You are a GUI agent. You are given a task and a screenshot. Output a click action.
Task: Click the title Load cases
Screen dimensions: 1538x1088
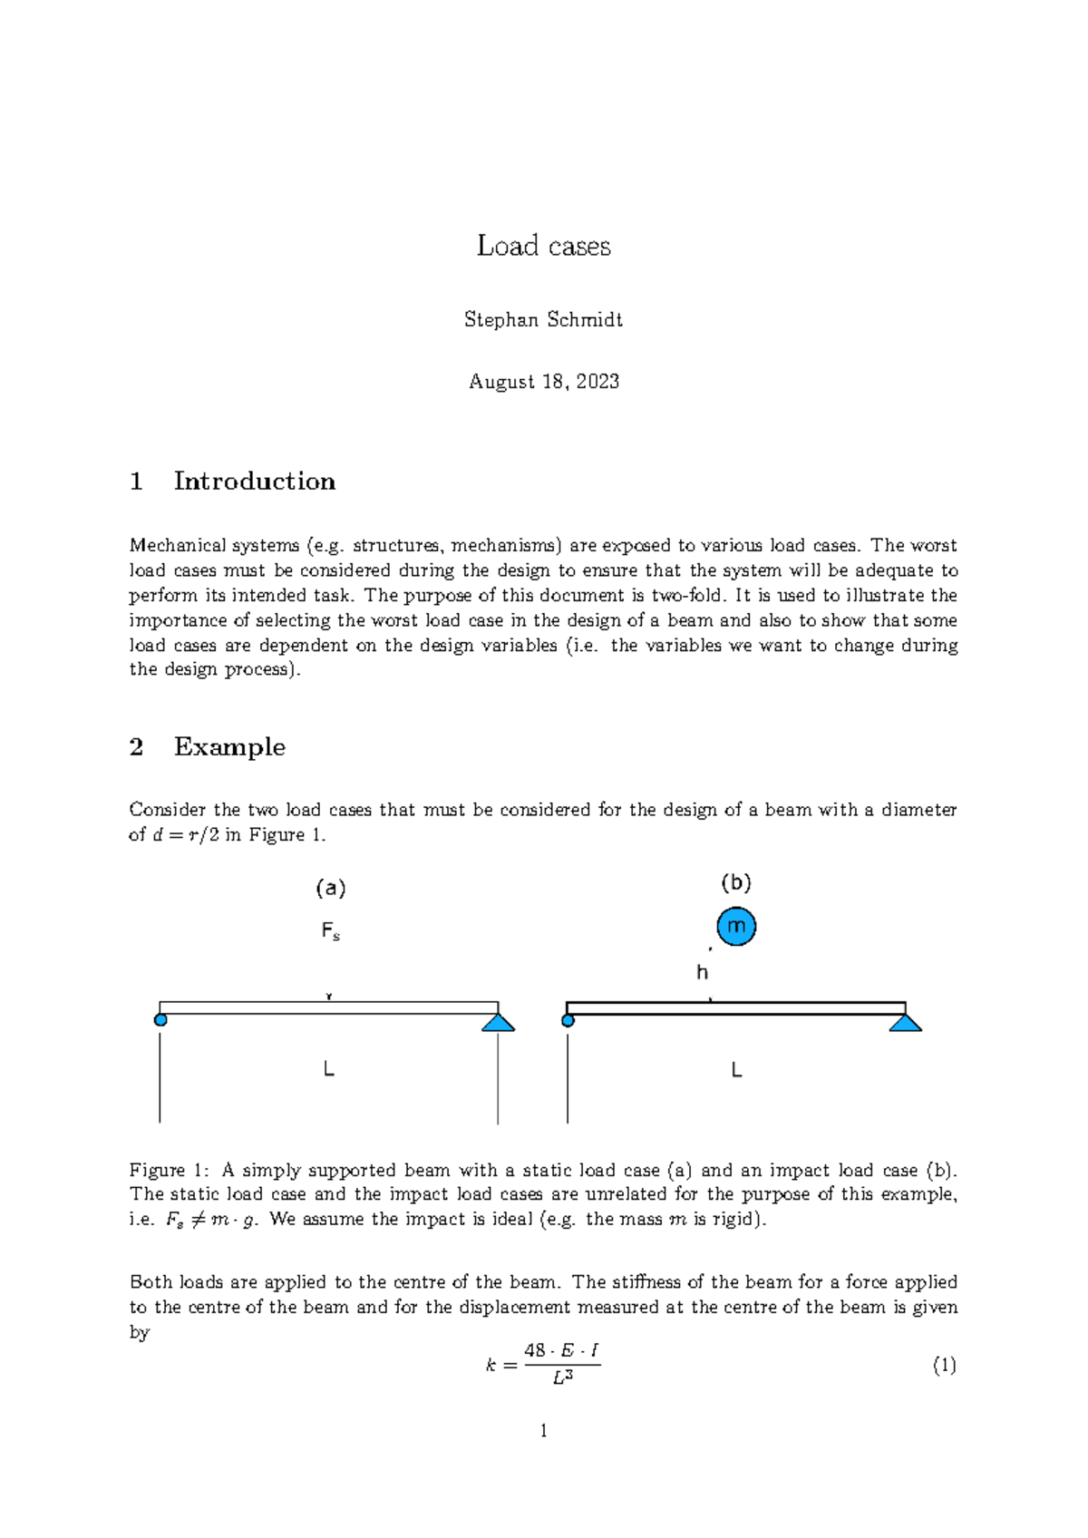click(543, 246)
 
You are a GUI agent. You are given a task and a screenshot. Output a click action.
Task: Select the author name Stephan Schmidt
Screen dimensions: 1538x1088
click(543, 320)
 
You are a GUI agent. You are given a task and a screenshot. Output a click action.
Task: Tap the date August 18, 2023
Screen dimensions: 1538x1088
click(543, 382)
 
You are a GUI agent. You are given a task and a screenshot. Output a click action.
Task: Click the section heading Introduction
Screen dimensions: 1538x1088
click(254, 482)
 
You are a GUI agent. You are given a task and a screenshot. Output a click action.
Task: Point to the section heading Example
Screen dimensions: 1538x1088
click(229, 747)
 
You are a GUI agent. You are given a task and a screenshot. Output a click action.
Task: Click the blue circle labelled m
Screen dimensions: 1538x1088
click(736, 927)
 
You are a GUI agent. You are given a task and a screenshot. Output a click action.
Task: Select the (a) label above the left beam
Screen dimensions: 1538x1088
click(330, 889)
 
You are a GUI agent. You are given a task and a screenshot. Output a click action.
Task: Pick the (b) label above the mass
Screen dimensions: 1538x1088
click(735, 882)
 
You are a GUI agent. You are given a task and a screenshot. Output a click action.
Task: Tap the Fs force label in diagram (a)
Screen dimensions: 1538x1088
click(330, 931)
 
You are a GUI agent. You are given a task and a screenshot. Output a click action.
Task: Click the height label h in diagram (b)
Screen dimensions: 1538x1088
click(702, 973)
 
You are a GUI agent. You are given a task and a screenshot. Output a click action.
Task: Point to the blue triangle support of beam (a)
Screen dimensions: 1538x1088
click(498, 1023)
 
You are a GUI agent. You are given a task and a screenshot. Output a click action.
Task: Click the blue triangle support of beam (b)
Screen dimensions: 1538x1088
click(905, 1023)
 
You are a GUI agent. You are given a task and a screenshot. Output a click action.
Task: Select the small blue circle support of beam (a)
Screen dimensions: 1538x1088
click(160, 1020)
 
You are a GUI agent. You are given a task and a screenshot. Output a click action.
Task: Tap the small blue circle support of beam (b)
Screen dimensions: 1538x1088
click(568, 1021)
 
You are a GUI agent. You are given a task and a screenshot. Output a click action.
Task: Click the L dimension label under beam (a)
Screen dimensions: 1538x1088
click(329, 1070)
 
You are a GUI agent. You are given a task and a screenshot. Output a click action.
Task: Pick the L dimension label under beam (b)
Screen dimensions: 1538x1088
click(736, 1071)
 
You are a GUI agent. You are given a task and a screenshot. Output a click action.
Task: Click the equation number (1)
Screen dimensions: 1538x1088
click(944, 1366)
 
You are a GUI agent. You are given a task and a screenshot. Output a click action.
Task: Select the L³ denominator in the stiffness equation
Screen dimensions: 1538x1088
click(562, 1379)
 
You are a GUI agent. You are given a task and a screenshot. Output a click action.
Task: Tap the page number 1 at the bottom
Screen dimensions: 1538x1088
click(543, 1431)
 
